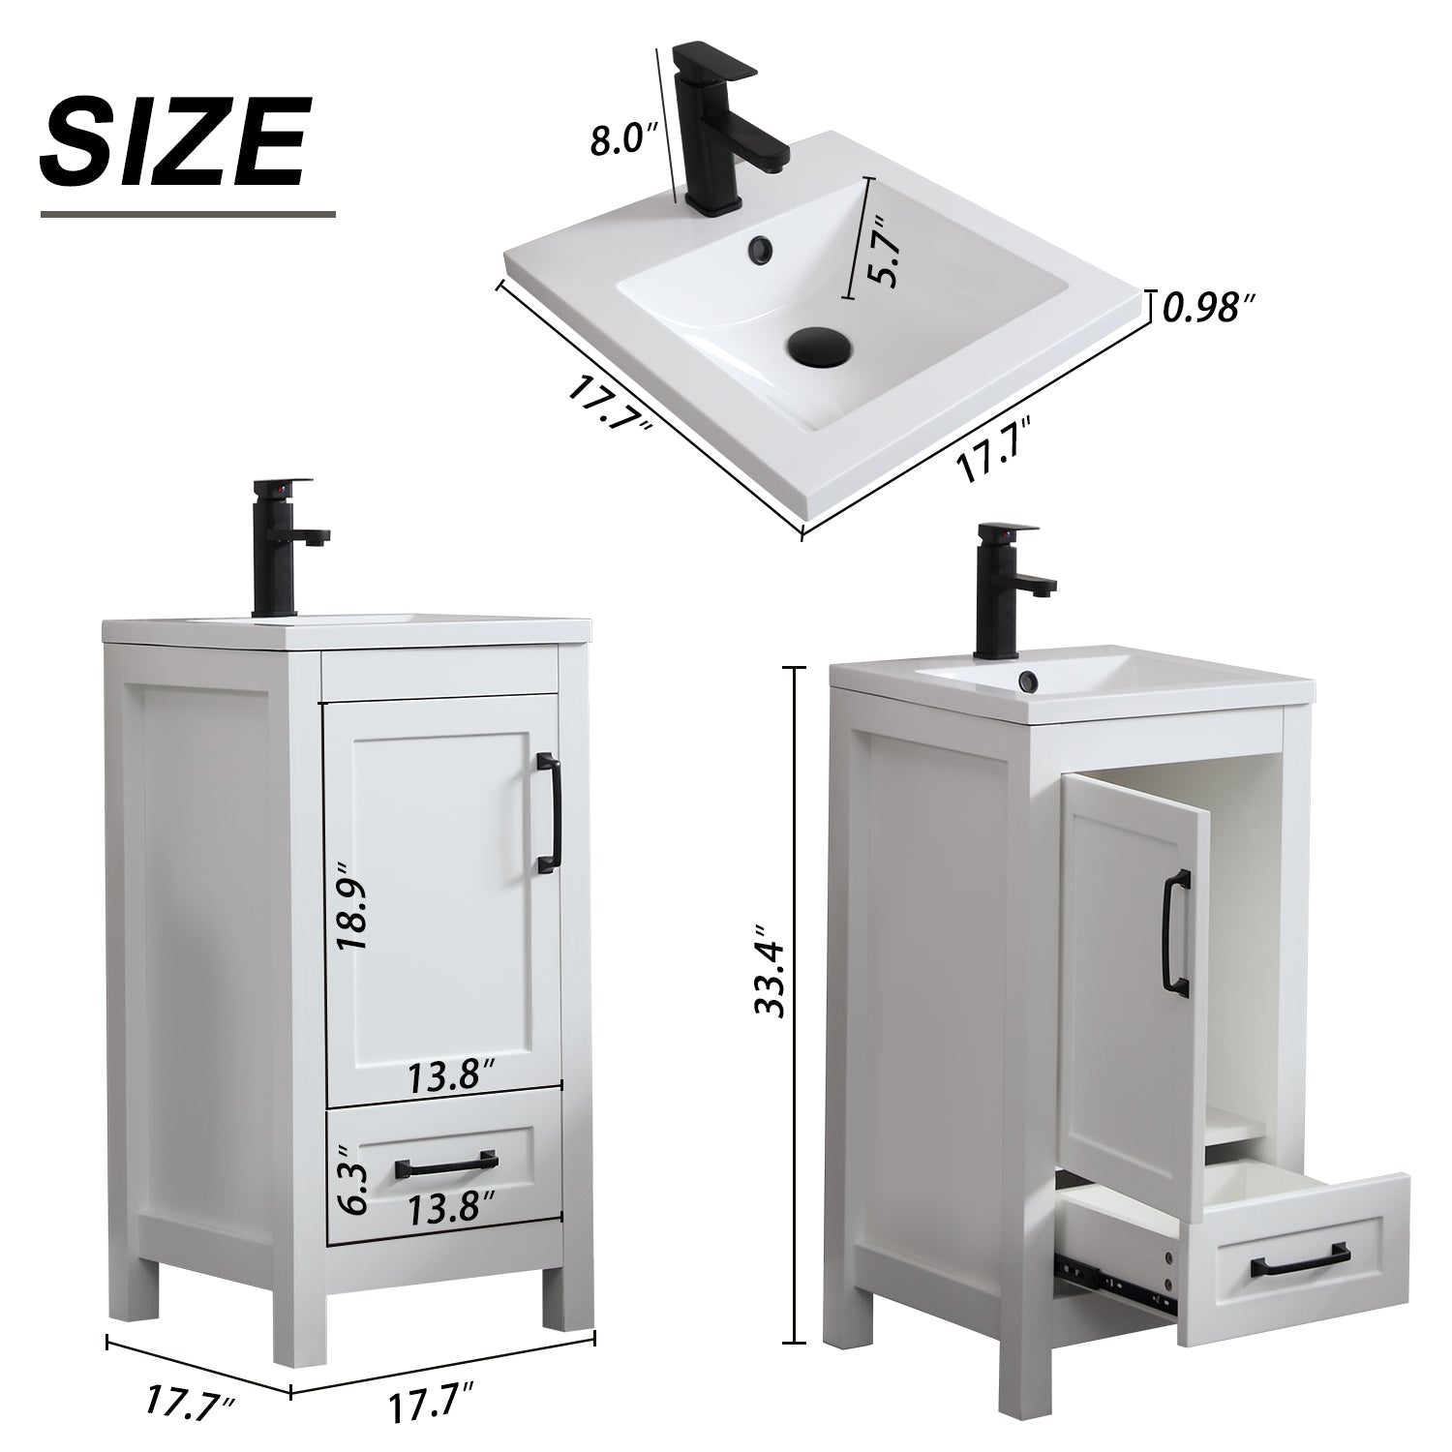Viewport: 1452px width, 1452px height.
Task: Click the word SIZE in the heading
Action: pos(174,142)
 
